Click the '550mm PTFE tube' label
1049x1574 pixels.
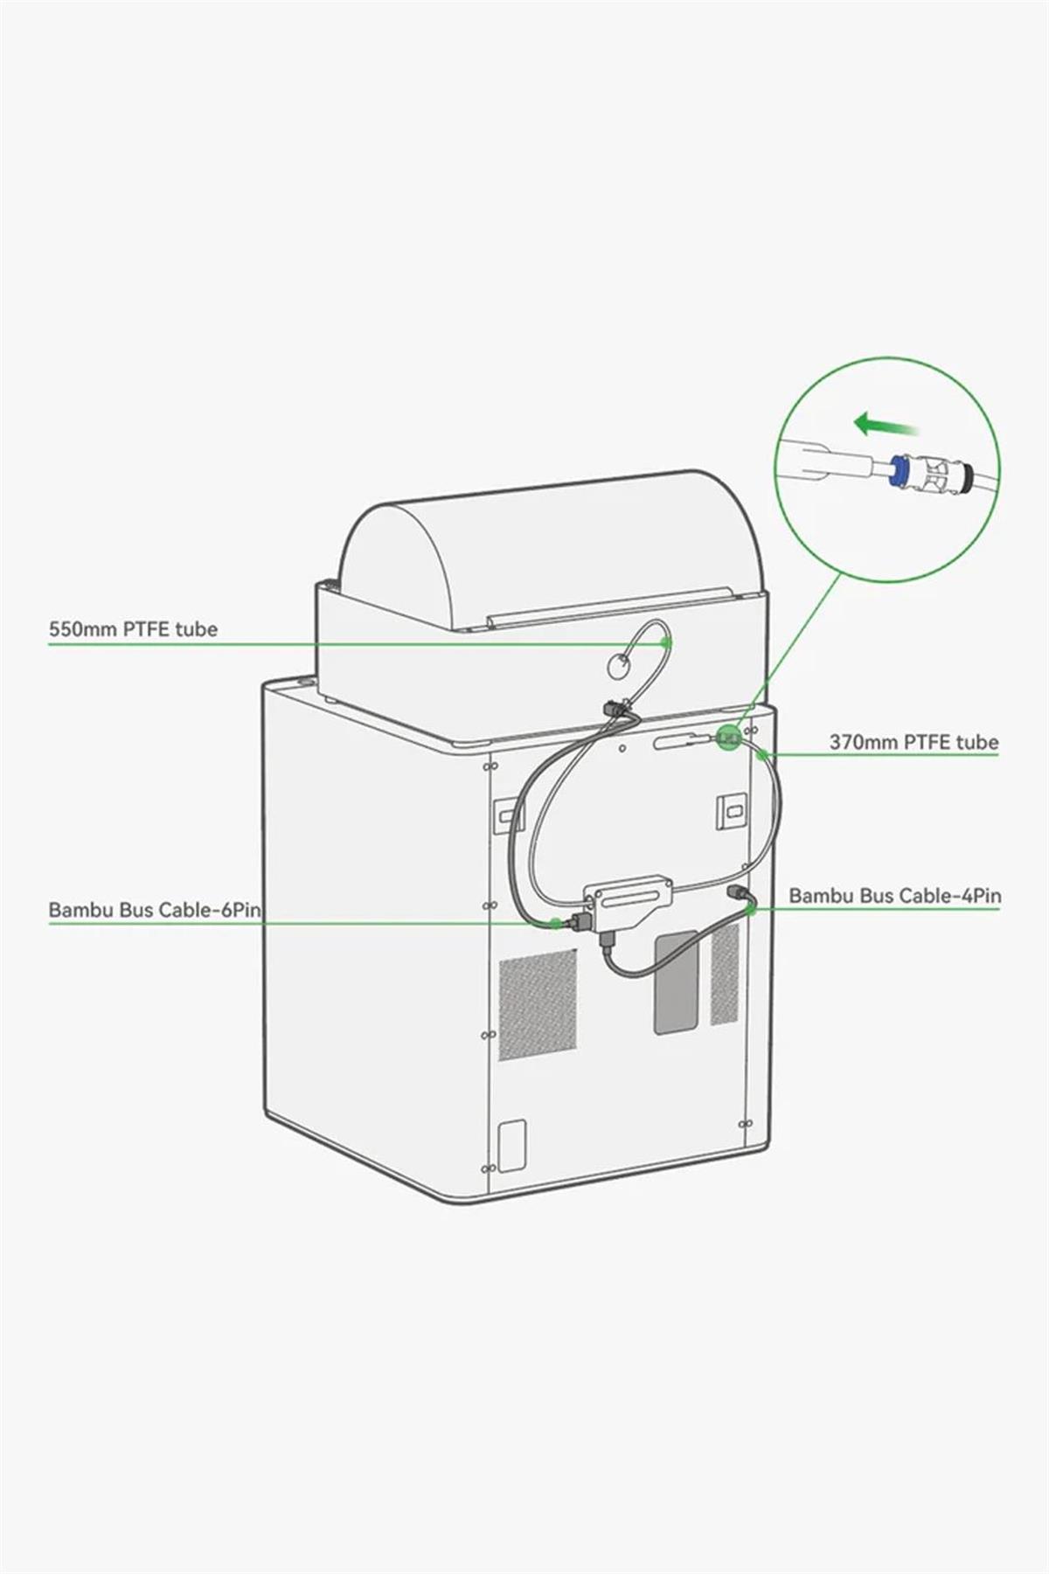point(133,629)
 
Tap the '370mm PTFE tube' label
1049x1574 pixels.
point(914,742)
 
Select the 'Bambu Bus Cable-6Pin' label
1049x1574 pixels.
point(155,910)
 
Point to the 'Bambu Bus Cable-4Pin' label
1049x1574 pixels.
point(895,896)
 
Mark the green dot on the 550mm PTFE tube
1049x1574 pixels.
point(666,642)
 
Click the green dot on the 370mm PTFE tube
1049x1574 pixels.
point(763,754)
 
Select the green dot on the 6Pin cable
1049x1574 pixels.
point(555,923)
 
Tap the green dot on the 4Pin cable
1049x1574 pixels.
point(751,910)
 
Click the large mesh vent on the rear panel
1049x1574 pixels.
point(538,1005)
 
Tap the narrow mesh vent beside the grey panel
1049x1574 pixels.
point(725,974)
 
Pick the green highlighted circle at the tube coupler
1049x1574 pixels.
point(727,738)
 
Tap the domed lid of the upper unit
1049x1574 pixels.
point(551,546)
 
